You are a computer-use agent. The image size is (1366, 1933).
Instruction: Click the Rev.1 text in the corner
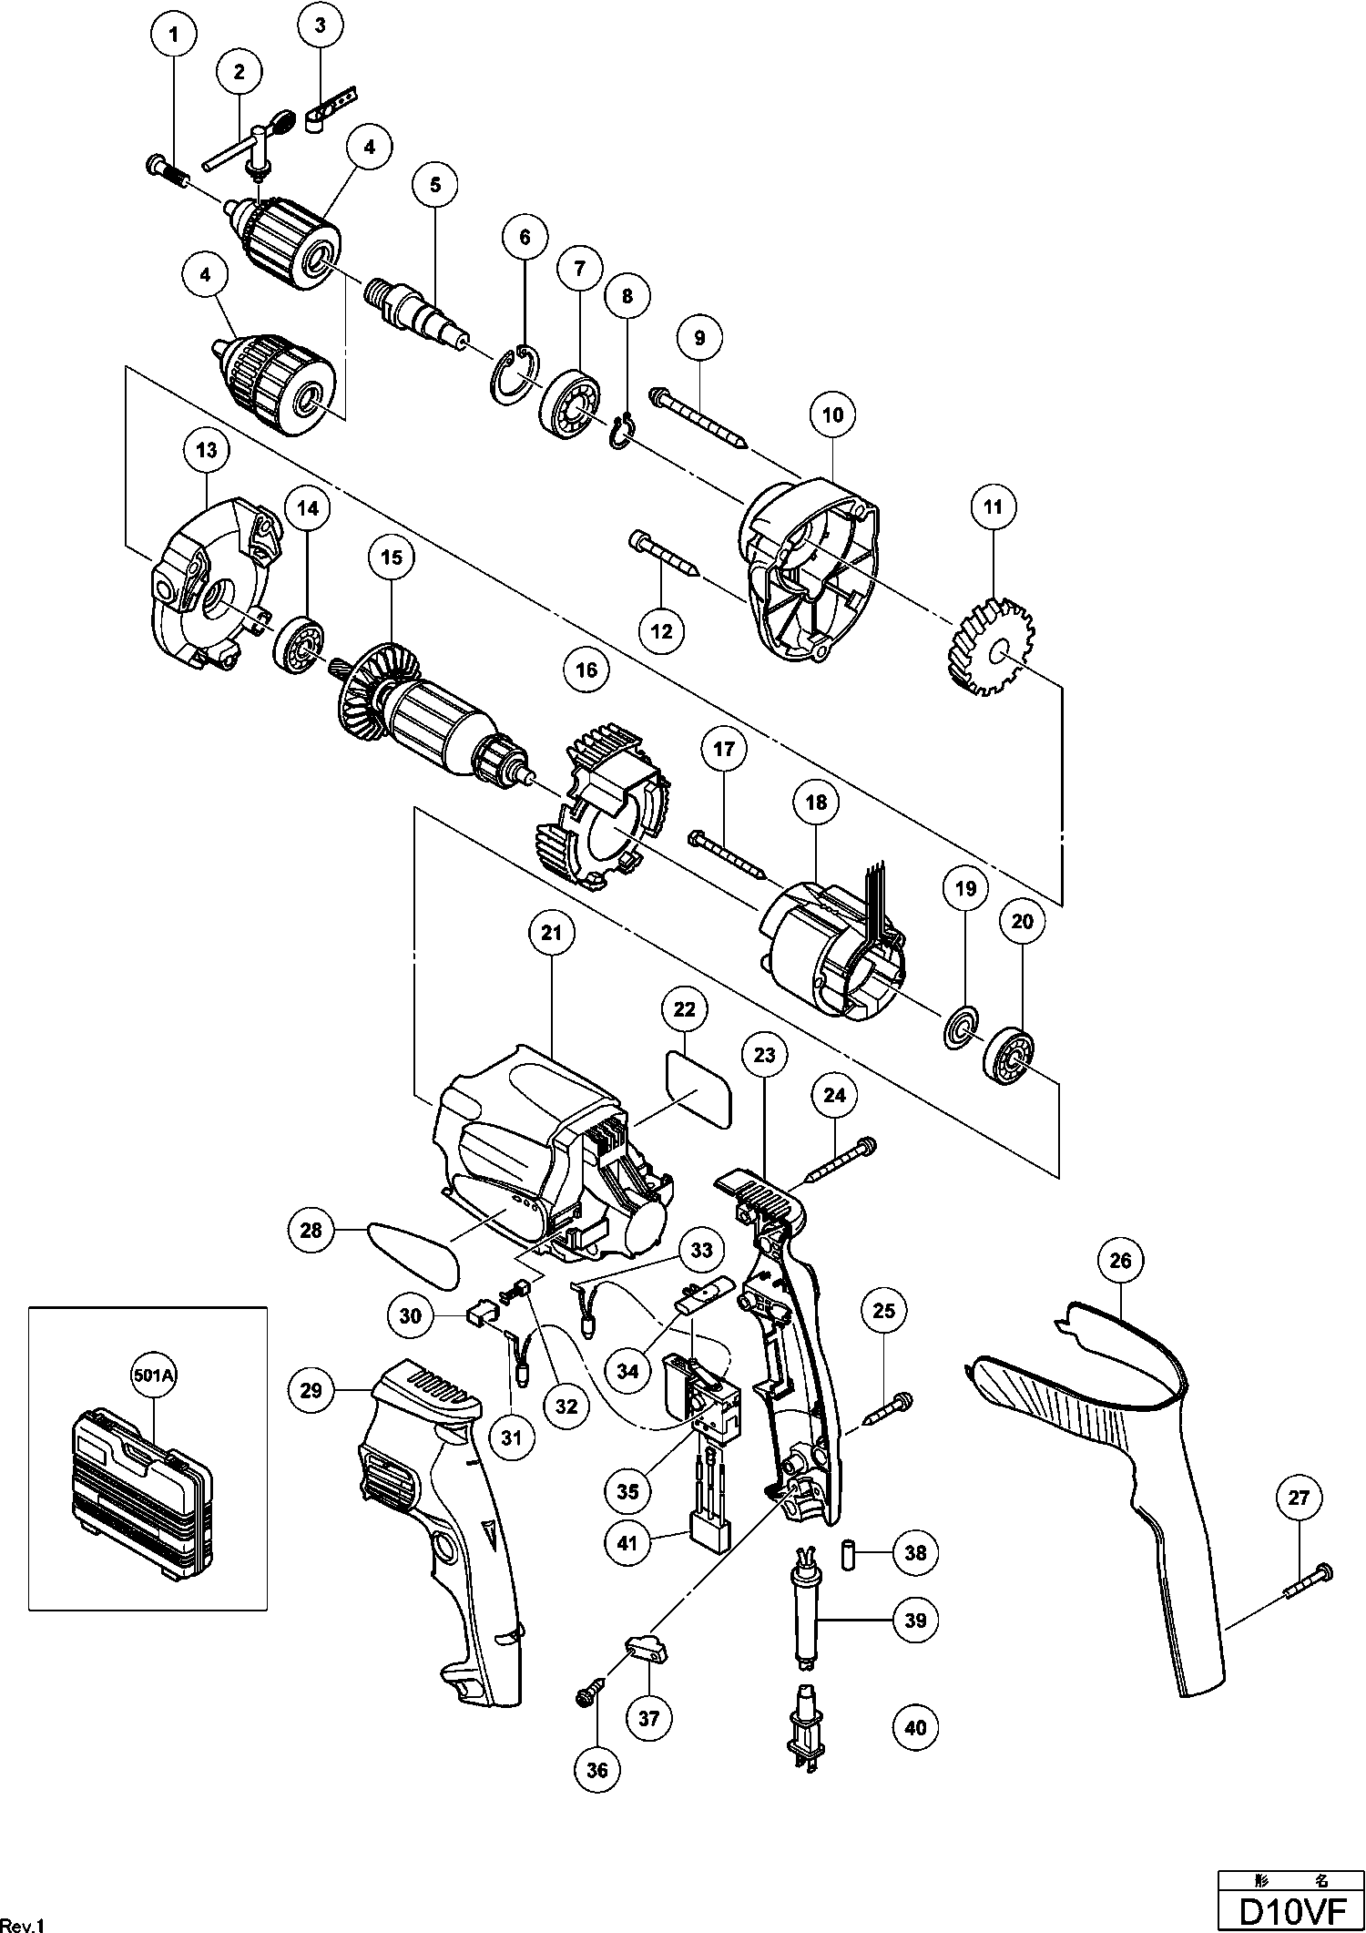[x=22, y=1924]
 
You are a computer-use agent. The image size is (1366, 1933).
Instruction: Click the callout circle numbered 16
[x=586, y=670]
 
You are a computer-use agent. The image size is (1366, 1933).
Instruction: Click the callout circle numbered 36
[x=598, y=1770]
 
